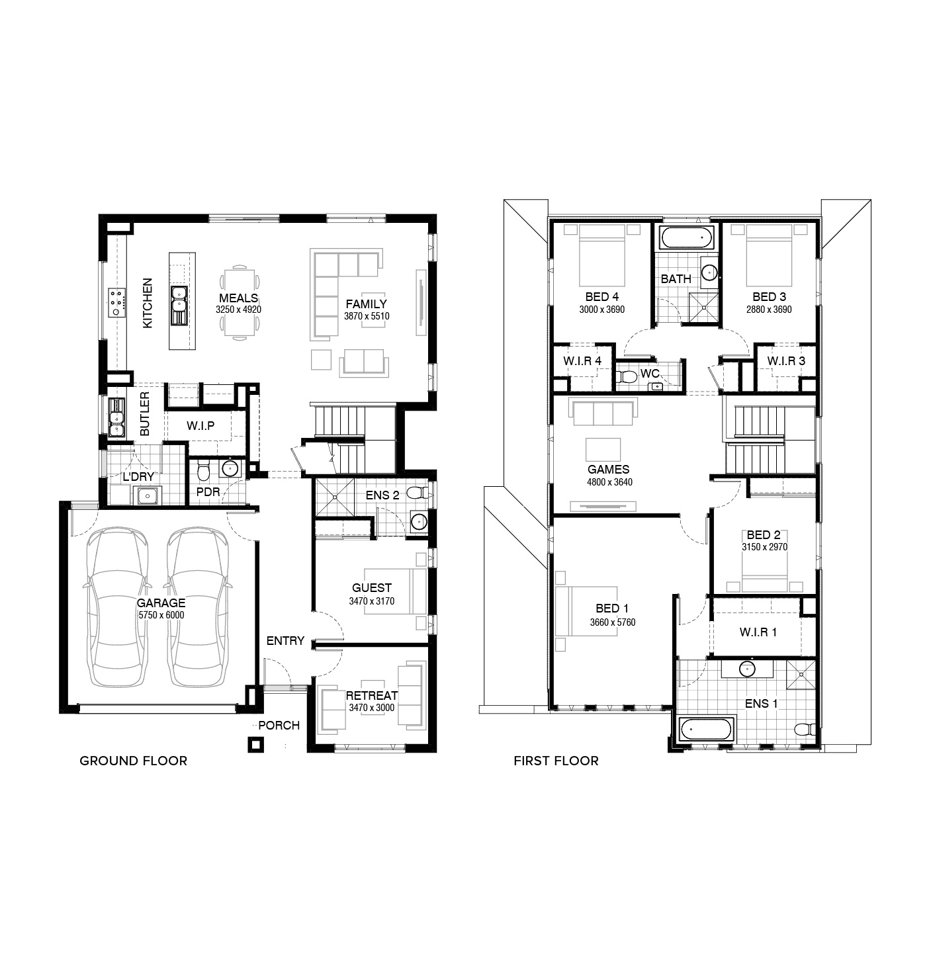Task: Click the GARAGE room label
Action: coord(161,603)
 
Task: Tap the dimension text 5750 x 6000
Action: coord(161,615)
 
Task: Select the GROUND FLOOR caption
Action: coord(134,761)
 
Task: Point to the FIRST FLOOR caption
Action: coord(556,761)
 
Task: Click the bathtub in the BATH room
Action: coord(686,237)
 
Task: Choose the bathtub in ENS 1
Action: coord(705,729)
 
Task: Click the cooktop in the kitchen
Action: coord(117,302)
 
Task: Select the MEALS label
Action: coord(239,298)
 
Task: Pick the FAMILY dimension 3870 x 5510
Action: coord(367,316)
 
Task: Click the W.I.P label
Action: coord(200,426)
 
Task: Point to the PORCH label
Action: coord(279,726)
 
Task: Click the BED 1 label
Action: coord(612,609)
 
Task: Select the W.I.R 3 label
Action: coord(786,361)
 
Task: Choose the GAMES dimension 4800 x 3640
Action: coord(609,482)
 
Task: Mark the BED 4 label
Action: coord(601,297)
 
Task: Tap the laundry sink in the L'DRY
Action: coord(147,495)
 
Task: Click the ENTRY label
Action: coord(285,641)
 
